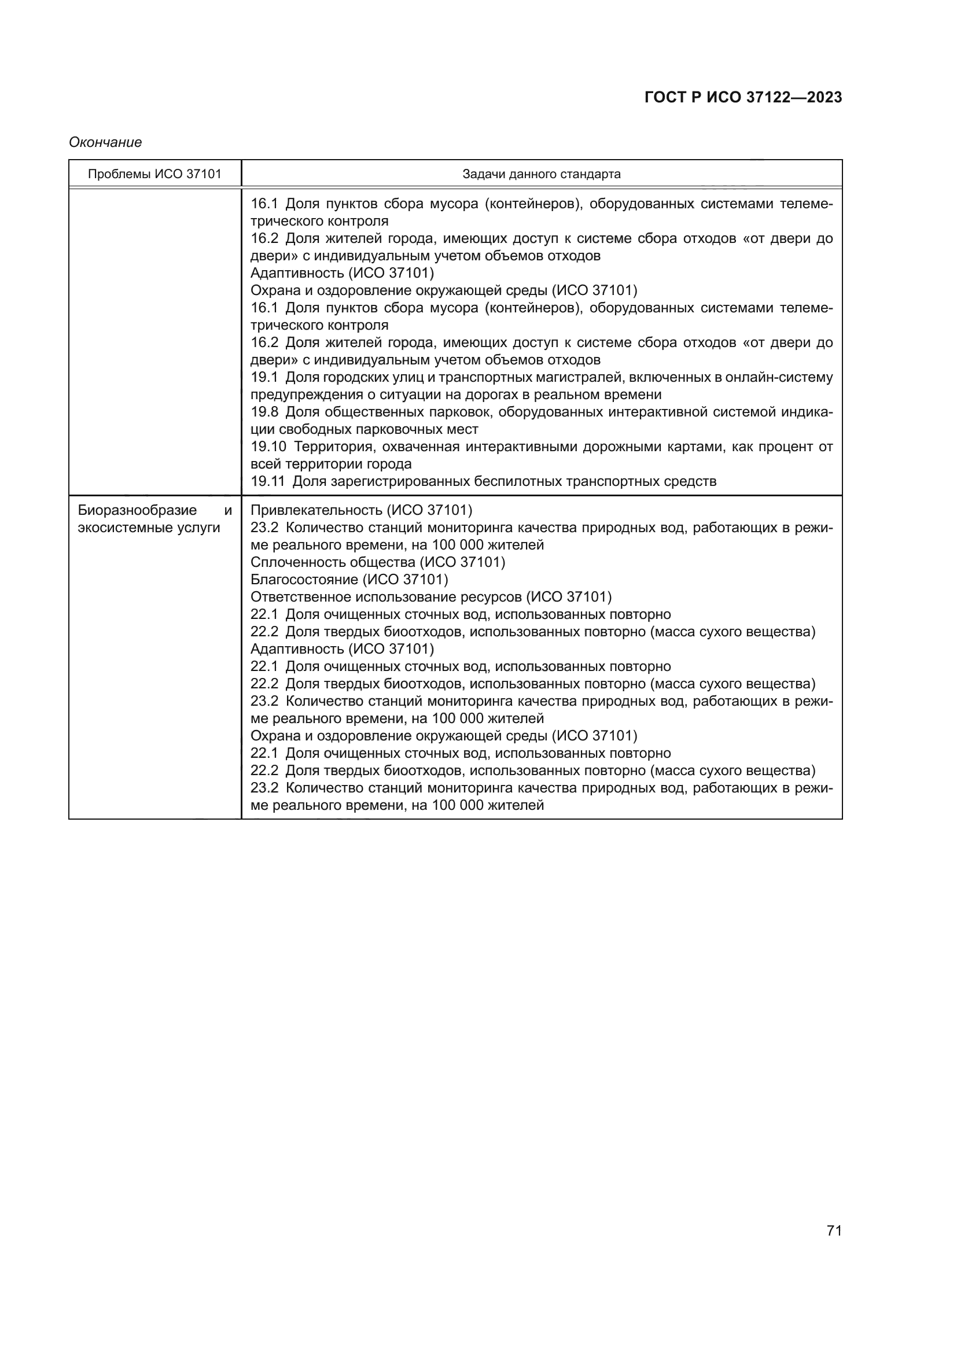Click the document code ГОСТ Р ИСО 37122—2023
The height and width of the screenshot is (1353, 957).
click(743, 97)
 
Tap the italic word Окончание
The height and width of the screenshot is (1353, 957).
click(105, 143)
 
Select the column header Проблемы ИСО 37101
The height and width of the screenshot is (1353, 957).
click(154, 175)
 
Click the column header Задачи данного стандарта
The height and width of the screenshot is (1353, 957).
click(541, 175)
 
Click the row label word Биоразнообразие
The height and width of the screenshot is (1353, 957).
click(137, 510)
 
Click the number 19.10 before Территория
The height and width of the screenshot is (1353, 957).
click(268, 447)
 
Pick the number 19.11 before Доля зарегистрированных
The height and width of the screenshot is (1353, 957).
click(267, 481)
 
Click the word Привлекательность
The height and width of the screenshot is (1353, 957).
click(316, 510)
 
